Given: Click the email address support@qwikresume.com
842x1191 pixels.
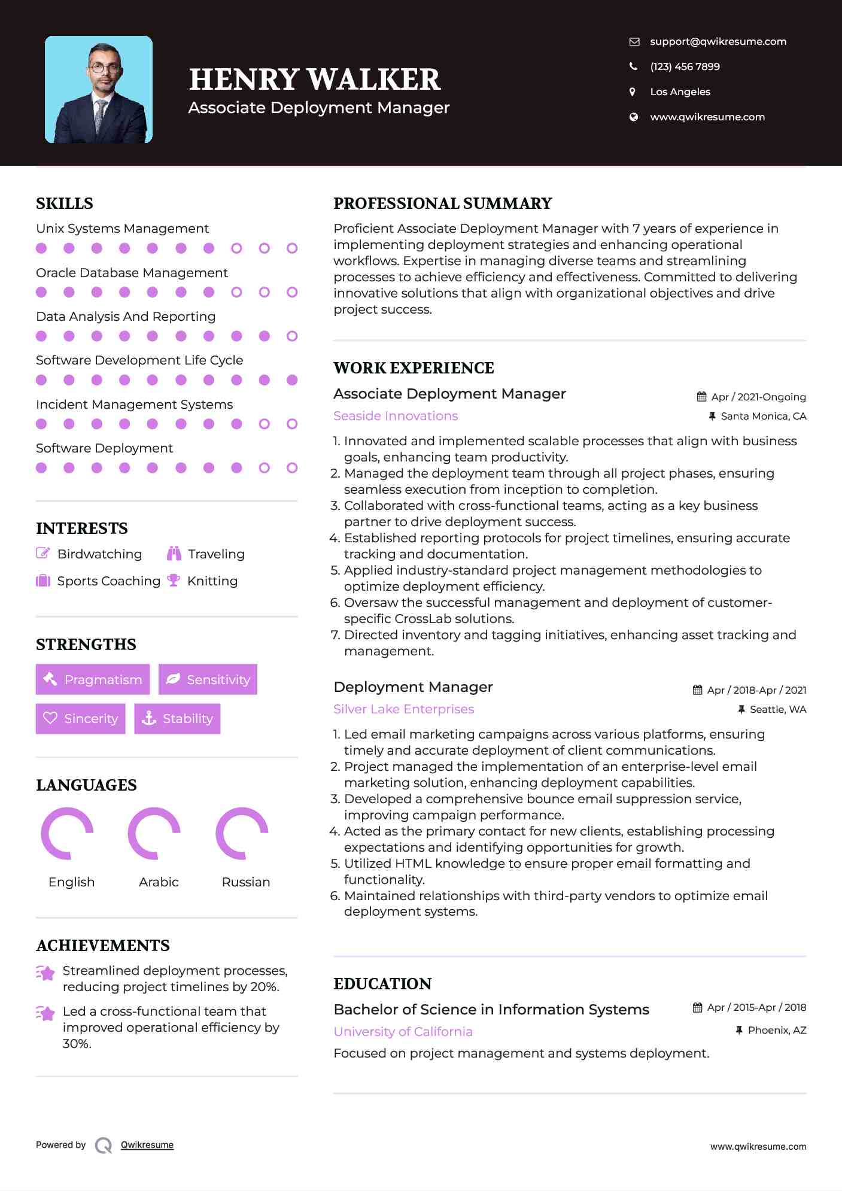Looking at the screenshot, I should pyautogui.click(x=718, y=42).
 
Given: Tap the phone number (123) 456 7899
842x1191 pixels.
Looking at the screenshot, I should pyautogui.click(x=685, y=67).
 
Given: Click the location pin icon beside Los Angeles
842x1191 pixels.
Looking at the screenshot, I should pyautogui.click(x=633, y=92).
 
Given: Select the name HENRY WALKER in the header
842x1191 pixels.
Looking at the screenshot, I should pyautogui.click(x=315, y=80).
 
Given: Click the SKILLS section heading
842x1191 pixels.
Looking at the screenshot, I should pyautogui.click(x=65, y=203).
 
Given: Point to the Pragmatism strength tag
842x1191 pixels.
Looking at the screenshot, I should pyautogui.click(x=93, y=679).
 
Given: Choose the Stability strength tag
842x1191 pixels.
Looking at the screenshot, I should pyautogui.click(x=178, y=718).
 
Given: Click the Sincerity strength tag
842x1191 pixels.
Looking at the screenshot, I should pyautogui.click(x=81, y=718).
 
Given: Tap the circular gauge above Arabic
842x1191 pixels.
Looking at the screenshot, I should pyautogui.click(x=154, y=833).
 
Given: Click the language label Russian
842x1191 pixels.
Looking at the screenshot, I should pyautogui.click(x=245, y=882).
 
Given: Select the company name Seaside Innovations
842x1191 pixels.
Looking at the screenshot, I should pyautogui.click(x=396, y=416).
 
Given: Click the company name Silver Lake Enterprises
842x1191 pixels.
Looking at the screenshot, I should pyautogui.click(x=403, y=709).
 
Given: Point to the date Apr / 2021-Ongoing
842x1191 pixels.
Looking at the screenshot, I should pyautogui.click(x=758, y=397).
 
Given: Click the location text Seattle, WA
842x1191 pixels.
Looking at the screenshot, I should pyautogui.click(x=778, y=710).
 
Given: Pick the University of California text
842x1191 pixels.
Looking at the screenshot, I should pyautogui.click(x=403, y=1032).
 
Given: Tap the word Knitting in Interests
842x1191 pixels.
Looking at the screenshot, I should pyautogui.click(x=212, y=581).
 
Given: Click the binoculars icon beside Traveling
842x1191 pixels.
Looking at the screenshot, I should pyautogui.click(x=174, y=554).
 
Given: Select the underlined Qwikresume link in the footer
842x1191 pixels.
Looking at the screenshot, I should pyautogui.click(x=147, y=1145).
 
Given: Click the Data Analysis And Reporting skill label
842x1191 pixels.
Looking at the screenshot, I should pyautogui.click(x=126, y=317).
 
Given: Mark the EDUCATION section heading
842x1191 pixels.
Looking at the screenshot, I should pyautogui.click(x=382, y=984).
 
